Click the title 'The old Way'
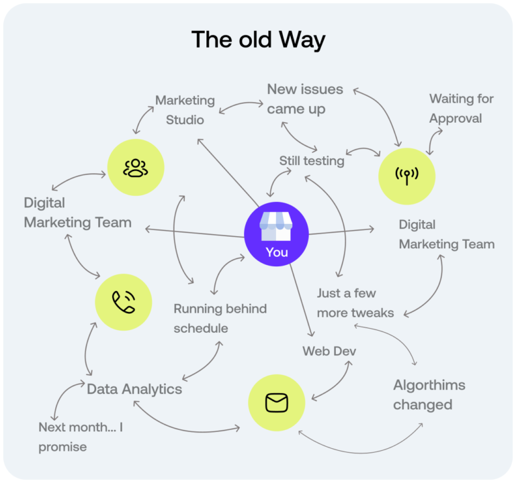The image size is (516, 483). click(258, 40)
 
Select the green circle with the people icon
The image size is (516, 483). click(136, 168)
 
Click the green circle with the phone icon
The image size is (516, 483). click(124, 302)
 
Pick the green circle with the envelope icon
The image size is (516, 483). click(276, 403)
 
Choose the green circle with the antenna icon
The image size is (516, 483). click(406, 175)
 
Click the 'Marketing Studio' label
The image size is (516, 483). click(185, 110)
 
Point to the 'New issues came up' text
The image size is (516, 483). click(305, 98)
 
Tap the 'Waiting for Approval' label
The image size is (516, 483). click(461, 109)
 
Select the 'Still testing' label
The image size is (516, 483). click(312, 161)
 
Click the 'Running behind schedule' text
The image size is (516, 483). click(220, 319)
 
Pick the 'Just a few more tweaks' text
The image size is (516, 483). click(355, 303)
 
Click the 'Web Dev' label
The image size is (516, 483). click(329, 351)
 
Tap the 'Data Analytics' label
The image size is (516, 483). click(134, 389)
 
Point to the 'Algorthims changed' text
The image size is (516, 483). click(429, 395)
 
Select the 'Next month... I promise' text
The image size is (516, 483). click(81, 437)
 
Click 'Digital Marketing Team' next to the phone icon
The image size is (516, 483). click(77, 212)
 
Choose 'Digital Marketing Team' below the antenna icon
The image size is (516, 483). click(446, 234)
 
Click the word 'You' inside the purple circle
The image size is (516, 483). click(276, 252)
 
